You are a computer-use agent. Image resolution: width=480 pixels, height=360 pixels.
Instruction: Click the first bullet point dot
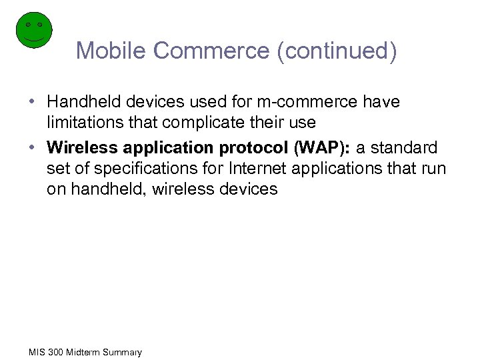pyautogui.click(x=32, y=103)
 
